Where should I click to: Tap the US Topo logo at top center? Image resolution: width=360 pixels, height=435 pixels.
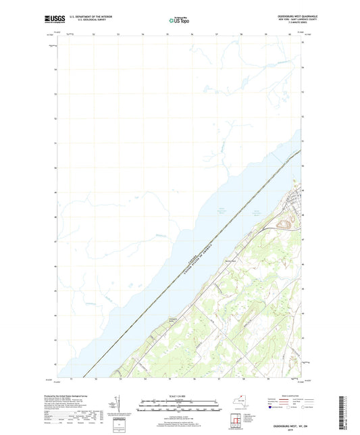[x=179, y=20]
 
